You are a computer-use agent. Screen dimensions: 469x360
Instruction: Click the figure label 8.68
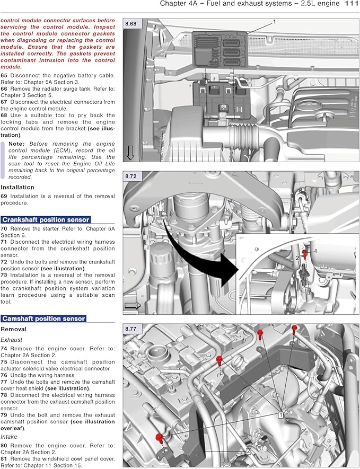point(130,24)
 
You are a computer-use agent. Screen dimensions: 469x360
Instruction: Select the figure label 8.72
point(130,175)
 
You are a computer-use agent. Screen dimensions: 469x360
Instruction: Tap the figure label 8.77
point(130,329)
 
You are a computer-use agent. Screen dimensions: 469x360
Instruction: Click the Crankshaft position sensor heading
point(46,219)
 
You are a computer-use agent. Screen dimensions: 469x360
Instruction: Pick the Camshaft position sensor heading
point(43,318)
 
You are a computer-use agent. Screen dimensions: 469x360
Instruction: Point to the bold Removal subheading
point(14,329)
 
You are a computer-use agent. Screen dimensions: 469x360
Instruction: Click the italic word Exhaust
point(12,339)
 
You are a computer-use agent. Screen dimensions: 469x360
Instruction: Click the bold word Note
point(16,144)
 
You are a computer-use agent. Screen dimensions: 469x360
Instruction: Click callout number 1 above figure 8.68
point(275,22)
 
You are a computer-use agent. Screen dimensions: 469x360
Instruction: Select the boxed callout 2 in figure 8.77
point(248,451)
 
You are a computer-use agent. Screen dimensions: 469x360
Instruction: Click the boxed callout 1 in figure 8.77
point(280,415)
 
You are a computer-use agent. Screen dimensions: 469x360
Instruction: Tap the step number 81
point(4,458)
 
